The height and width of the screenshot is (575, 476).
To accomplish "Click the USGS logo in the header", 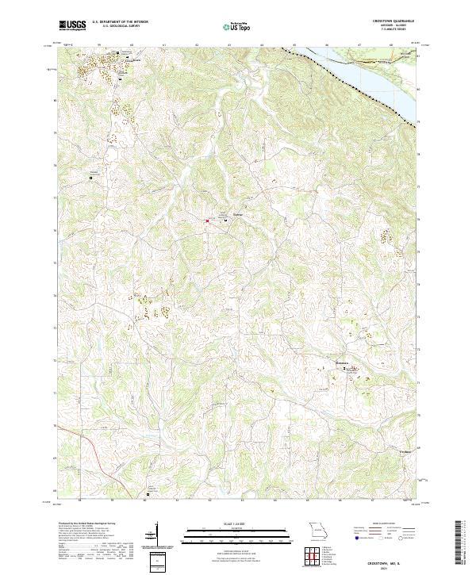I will coord(72,25).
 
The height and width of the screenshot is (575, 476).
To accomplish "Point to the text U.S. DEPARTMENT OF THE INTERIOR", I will coord(127,22).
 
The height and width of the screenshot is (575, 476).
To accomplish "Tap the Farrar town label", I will coord(237,215).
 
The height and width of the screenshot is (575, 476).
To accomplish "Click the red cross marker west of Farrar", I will coord(207,220).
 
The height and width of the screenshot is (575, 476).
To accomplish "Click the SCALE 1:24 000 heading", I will coord(216,523).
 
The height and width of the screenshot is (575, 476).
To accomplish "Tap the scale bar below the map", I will coord(216,535).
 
